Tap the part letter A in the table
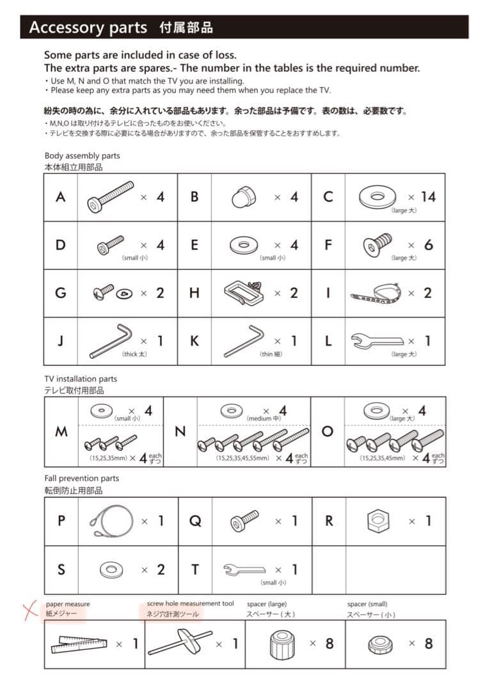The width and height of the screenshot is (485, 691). coord(60,196)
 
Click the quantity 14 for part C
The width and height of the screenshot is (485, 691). coord(428,196)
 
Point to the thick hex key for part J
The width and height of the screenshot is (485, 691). coord(110,341)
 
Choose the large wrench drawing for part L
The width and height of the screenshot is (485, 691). coord(377,341)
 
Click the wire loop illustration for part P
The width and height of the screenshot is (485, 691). coord(108,520)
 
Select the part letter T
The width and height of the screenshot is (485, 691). coord(195,569)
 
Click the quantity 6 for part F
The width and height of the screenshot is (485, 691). coord(428,245)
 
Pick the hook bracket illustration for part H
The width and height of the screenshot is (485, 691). coord(246,292)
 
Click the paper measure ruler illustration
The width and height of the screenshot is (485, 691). coord(78,644)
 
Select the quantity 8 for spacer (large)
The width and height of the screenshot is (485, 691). coord(329,643)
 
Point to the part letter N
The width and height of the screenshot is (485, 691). coord(180,432)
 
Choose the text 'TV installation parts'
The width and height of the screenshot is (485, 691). coord(81,379)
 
